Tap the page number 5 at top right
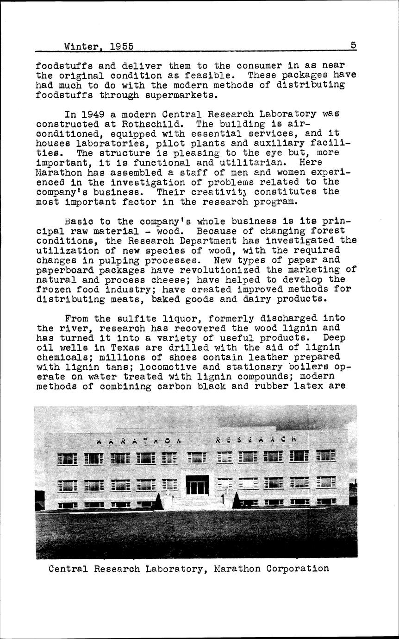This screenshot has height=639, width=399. pyautogui.click(x=353, y=45)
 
